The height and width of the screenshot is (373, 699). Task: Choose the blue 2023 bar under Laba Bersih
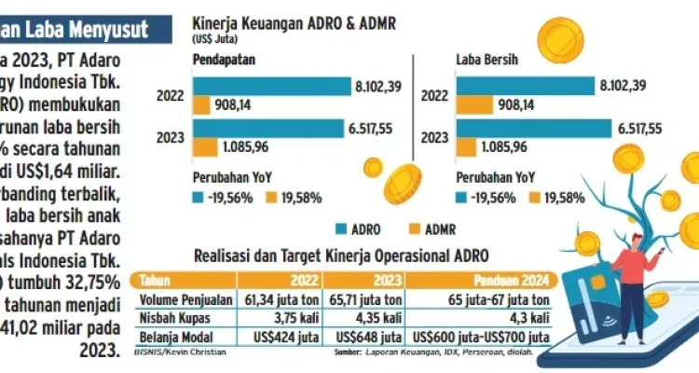pyautogui.click(x=532, y=128)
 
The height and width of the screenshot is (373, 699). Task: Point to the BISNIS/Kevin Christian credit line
pyautogui.click(x=174, y=353)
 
